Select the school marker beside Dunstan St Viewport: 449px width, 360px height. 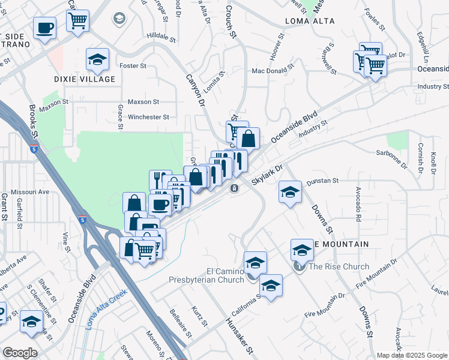290,192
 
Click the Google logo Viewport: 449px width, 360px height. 20,352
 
